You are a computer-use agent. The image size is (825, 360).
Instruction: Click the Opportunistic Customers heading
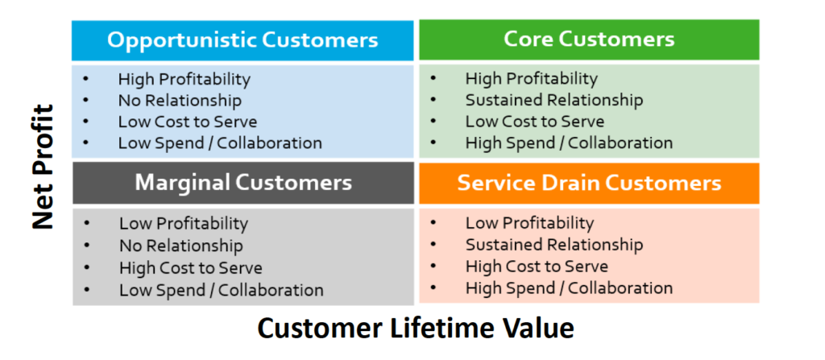pos(243,40)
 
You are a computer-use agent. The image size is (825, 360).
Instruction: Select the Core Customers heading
pos(589,39)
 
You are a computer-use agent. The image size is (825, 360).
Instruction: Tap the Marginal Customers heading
pos(243,182)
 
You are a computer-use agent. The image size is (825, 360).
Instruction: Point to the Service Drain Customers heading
pos(589,183)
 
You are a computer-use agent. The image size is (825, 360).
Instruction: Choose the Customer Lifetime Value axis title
pos(416,329)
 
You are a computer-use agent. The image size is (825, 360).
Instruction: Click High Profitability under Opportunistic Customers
pos(184,80)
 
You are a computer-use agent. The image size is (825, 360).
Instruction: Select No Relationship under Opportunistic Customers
pos(180,100)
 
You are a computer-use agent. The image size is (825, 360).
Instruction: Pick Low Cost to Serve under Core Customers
pos(535,122)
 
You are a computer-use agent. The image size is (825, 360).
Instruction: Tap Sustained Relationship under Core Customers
pos(554,100)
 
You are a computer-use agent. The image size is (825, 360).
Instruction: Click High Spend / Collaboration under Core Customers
pos(569,143)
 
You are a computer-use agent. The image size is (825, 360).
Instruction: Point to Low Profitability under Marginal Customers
pos(184,224)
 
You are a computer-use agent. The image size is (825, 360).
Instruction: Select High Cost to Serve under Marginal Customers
pos(190,268)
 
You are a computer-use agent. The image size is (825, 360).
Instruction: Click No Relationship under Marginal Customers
pos(181,246)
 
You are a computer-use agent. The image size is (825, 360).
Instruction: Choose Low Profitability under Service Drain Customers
pos(529,222)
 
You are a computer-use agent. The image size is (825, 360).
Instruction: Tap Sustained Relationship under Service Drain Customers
pos(554,245)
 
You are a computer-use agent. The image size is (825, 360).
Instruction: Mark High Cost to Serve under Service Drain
pos(537,267)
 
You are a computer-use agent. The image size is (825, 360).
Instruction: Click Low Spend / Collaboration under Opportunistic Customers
pos(220,143)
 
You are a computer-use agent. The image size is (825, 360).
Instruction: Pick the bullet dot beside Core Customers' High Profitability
pos(433,79)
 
